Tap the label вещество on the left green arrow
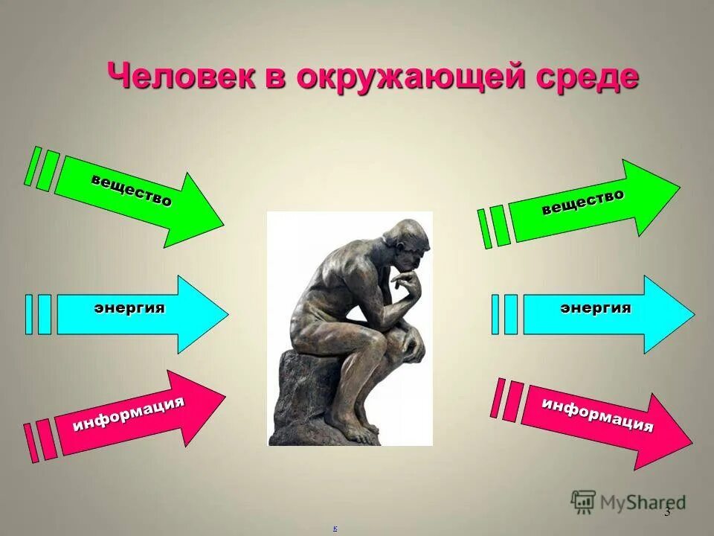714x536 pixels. click(132, 191)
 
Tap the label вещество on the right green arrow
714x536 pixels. click(582, 202)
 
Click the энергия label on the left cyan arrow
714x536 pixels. click(129, 308)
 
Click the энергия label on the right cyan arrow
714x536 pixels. click(595, 308)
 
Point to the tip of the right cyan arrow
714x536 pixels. click(692, 314)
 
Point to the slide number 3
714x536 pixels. click(667, 511)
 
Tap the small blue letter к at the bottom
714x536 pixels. click(335, 528)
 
